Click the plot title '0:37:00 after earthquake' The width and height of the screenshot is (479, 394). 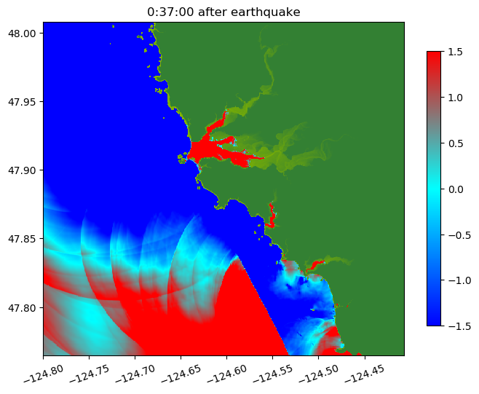click(x=223, y=11)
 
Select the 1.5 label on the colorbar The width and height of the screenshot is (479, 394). click(x=455, y=51)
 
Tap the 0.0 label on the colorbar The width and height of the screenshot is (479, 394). click(x=455, y=189)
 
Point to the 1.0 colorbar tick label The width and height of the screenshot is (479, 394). click(x=455, y=97)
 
